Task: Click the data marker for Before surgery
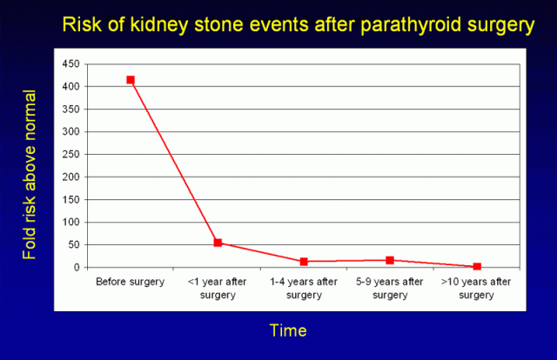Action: [x=131, y=80]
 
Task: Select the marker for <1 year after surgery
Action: [x=218, y=243]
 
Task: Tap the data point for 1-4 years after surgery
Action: [x=304, y=262]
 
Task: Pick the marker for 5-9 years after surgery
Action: [x=390, y=260]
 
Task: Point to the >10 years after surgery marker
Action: [x=477, y=267]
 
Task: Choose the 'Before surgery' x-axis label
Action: [x=131, y=283]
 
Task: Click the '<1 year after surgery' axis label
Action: [x=218, y=288]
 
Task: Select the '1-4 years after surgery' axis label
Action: [x=304, y=288]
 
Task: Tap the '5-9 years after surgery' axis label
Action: [x=390, y=288]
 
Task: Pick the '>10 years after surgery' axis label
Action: [x=477, y=288]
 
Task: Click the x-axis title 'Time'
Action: [x=288, y=331]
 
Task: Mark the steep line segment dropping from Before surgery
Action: [x=174, y=161]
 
